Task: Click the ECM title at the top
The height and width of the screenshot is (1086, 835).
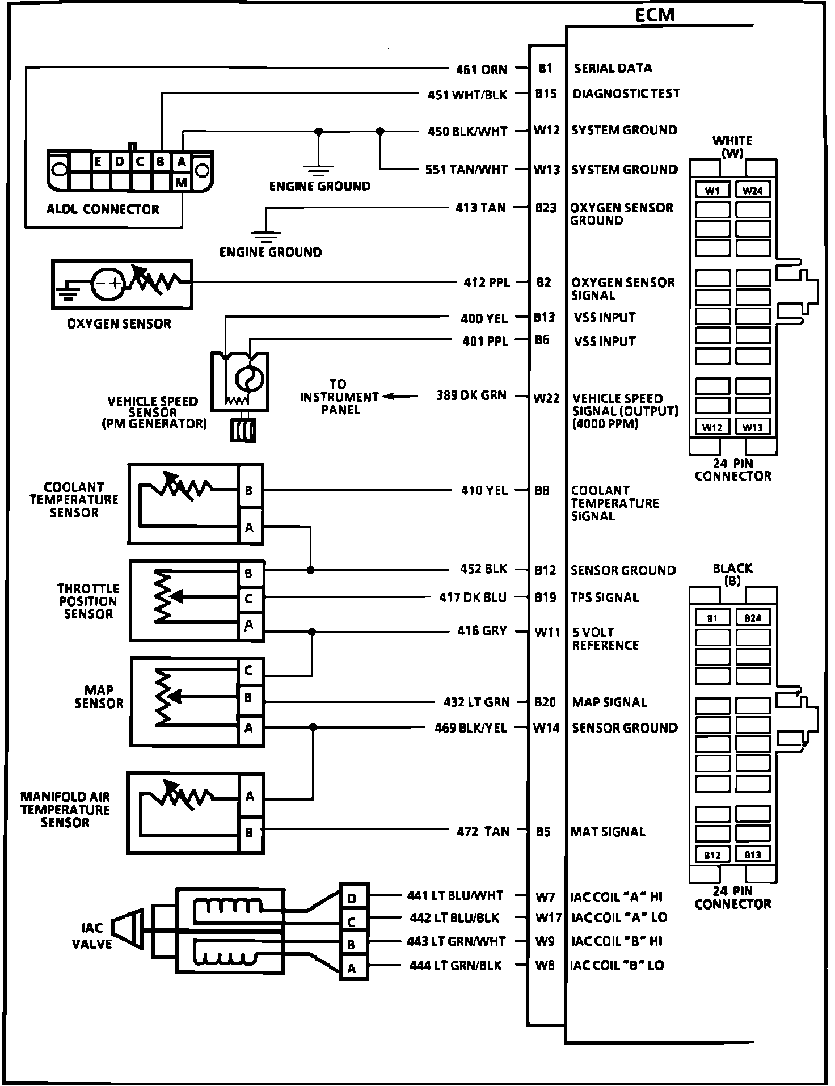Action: (655, 15)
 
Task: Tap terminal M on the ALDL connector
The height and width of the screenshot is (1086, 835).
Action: (182, 182)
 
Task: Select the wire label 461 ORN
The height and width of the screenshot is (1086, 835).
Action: (482, 69)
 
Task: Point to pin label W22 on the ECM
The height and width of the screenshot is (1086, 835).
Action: (546, 398)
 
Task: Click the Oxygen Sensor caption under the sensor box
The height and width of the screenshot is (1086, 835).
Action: (119, 324)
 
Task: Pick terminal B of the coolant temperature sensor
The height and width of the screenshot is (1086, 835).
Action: (249, 490)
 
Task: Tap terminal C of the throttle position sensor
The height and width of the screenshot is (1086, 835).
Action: (248, 599)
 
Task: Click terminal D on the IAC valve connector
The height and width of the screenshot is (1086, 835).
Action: (352, 898)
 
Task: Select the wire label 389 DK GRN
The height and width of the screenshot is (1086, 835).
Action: (471, 395)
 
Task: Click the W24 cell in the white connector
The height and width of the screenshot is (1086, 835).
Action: (753, 191)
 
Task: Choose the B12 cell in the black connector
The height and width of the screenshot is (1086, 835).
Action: (712, 855)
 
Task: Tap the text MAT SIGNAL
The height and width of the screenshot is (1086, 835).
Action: (608, 832)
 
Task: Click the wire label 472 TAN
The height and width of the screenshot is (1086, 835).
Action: (483, 832)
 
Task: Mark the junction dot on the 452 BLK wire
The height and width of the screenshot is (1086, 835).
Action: (310, 570)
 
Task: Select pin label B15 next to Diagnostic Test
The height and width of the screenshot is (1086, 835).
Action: (546, 94)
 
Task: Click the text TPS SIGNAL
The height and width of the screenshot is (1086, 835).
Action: (605, 597)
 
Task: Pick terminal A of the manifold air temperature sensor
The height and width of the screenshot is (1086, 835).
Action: (250, 797)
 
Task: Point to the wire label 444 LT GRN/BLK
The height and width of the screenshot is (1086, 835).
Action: (456, 965)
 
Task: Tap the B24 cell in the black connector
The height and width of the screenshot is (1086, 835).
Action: (753, 618)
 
